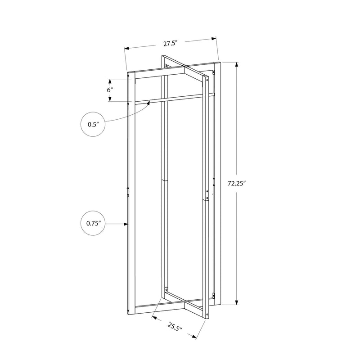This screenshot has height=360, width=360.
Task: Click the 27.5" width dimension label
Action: pyautogui.click(x=171, y=44)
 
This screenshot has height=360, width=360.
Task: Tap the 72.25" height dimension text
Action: pyautogui.click(x=237, y=183)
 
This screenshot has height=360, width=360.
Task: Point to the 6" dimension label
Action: pyautogui.click(x=110, y=90)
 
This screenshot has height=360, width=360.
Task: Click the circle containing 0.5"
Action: pyautogui.click(x=93, y=125)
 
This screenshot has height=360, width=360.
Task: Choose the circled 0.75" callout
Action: pyautogui.click(x=93, y=223)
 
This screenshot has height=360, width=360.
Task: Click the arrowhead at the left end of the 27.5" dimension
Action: pyautogui.click(x=126, y=48)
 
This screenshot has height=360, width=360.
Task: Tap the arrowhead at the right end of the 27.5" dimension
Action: pyautogui.click(x=214, y=39)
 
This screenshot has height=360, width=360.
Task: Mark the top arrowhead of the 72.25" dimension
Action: pyautogui.click(x=237, y=64)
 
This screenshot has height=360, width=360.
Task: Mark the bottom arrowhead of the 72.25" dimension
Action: pyautogui.click(x=237, y=302)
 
